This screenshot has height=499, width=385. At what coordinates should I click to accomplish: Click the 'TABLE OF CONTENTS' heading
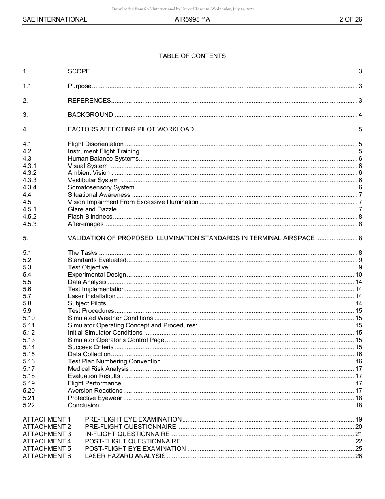[x=192, y=56]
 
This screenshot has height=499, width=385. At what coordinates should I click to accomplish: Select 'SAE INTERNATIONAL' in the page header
[x=55, y=19]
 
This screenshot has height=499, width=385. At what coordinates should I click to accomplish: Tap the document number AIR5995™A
[x=192, y=19]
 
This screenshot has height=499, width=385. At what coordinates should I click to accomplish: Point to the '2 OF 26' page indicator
[x=351, y=19]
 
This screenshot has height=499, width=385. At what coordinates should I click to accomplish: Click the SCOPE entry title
[x=79, y=71]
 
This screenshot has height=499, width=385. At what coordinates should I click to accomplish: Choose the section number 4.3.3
[x=30, y=180]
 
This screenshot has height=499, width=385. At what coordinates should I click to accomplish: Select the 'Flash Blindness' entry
[x=90, y=217]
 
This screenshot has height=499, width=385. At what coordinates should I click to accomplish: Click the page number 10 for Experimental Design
[x=359, y=275]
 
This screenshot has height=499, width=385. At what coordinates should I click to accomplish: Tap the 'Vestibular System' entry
[x=93, y=180]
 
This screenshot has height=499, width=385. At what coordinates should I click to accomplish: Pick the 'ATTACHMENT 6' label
[x=47, y=456]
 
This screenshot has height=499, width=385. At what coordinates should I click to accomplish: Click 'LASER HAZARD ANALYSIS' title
[x=125, y=456]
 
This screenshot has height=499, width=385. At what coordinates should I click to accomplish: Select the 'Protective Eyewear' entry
[x=95, y=398]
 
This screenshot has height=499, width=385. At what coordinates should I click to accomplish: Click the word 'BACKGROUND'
[x=90, y=115]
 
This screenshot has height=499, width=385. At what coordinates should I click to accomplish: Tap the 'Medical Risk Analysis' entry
[x=98, y=369]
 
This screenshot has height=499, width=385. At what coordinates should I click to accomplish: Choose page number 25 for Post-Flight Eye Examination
[x=359, y=449]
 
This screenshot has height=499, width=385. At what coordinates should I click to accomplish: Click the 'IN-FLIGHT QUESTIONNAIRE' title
[x=127, y=434]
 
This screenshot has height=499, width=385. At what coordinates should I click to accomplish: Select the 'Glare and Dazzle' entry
[x=92, y=209]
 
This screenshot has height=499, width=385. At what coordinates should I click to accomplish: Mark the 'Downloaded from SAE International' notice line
[x=183, y=9]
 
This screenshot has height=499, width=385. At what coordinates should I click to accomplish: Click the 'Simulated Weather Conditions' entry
[x=110, y=318]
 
